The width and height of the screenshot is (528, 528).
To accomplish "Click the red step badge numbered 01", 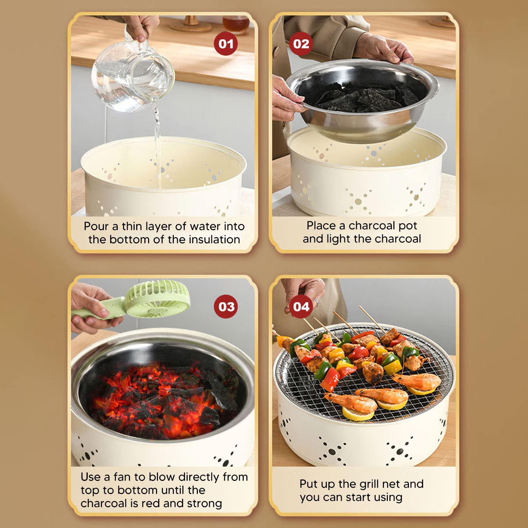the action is pos(226,44).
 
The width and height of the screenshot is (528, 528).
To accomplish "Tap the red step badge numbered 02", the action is pos(301,44).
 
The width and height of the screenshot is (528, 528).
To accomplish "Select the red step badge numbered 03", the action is pos(226,306).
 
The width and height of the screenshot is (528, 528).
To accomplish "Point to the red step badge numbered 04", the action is pos(301,306).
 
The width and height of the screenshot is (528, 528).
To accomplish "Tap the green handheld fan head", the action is pos(158,298).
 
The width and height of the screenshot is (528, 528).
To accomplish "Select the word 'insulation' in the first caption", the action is pos(214,239).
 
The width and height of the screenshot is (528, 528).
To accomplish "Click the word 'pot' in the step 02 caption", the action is pos(408,226).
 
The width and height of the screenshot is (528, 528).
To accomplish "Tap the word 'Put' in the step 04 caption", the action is pos(309,484).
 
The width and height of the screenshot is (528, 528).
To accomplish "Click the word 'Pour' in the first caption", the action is pos(96,226).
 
